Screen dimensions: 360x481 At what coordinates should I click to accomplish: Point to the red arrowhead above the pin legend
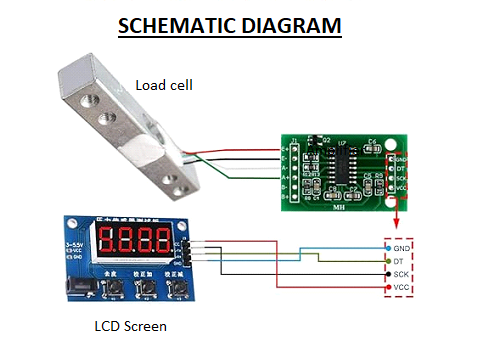(x=397, y=225)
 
